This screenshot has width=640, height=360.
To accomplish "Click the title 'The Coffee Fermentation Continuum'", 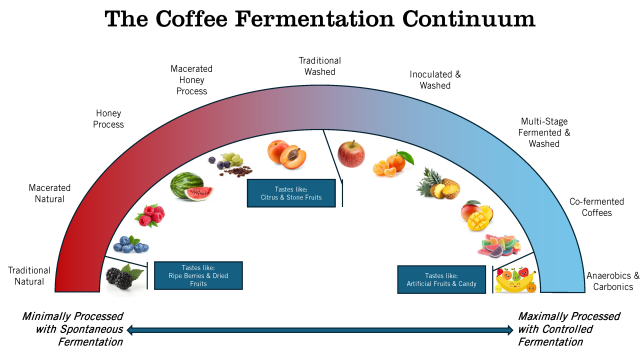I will tap(319, 19).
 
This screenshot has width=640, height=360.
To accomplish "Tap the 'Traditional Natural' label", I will tap(29, 276).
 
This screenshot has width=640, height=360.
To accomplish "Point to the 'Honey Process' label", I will tap(109, 119).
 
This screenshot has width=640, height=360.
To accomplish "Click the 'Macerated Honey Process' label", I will tap(191, 80).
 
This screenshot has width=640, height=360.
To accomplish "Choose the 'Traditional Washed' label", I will tap(320, 67).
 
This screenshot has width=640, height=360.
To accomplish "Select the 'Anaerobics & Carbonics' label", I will tap(608, 281).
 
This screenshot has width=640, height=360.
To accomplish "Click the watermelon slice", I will tap(187, 186).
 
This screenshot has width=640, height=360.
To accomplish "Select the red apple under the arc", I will tap(350, 153).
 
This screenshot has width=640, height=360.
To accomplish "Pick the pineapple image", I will tap(437, 182).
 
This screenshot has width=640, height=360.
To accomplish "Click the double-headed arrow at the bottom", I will tap(320, 328).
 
